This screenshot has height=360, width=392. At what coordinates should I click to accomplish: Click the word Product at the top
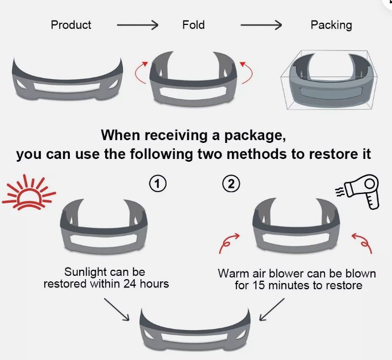(71, 25)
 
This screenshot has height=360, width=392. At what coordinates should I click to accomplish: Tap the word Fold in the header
(193, 25)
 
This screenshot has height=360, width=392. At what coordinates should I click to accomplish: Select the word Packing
(331, 25)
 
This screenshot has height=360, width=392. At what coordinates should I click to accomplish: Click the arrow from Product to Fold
(137, 25)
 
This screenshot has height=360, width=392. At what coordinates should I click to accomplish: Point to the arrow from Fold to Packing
(261, 25)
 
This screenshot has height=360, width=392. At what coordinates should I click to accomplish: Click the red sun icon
(28, 192)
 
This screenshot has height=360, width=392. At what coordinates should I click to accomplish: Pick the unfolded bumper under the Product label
(67, 81)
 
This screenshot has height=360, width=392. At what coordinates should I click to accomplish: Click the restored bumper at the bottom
(195, 330)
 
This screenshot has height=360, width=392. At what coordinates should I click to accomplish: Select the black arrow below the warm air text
(271, 308)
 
